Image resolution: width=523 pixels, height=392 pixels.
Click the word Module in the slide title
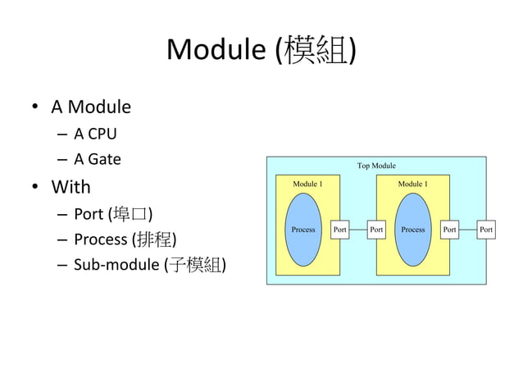216,51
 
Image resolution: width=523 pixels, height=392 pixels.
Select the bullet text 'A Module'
91,107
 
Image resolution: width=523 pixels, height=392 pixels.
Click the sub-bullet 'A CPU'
95,133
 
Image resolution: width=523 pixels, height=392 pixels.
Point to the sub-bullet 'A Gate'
98,159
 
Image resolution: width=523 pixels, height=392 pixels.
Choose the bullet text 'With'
70,187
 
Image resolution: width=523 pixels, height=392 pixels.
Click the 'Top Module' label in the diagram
376,166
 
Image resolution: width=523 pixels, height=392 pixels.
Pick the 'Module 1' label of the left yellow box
307,184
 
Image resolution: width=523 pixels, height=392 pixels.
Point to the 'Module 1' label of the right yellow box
412,184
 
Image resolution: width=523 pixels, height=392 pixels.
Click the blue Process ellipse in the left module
303,230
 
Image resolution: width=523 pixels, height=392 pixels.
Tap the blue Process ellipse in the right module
412,230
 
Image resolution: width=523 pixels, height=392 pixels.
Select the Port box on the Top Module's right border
486,230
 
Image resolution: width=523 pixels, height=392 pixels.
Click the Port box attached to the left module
339,230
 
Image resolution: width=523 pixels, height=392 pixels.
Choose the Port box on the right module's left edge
376,230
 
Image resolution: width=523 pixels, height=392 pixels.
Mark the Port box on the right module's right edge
449,230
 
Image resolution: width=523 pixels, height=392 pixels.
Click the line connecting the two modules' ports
357,230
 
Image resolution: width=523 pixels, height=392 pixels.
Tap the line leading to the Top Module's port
468,230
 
